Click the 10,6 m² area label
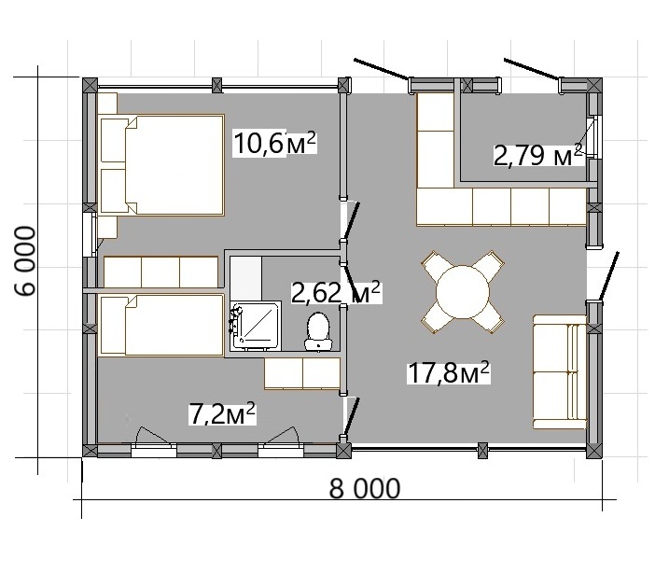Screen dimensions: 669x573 coord(274,144)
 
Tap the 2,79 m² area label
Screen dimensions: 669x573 coord(538,156)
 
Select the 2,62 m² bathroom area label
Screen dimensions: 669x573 coord(335,292)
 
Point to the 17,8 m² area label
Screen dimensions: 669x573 coord(449,373)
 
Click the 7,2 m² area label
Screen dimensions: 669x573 coord(222,413)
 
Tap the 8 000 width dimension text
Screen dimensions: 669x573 coord(365,489)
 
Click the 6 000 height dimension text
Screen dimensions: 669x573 coord(25,261)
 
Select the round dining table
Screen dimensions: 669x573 coord(463,292)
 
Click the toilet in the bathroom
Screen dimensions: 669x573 coord(317,331)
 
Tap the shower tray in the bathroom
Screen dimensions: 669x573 coord(256,326)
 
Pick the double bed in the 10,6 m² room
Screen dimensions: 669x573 coord(161,164)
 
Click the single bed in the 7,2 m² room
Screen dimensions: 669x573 coord(161,326)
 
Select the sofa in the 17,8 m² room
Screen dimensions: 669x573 coord(560,371)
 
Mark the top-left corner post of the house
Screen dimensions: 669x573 coord(90,85)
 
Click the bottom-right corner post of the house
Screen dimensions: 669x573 coord(594,451)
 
